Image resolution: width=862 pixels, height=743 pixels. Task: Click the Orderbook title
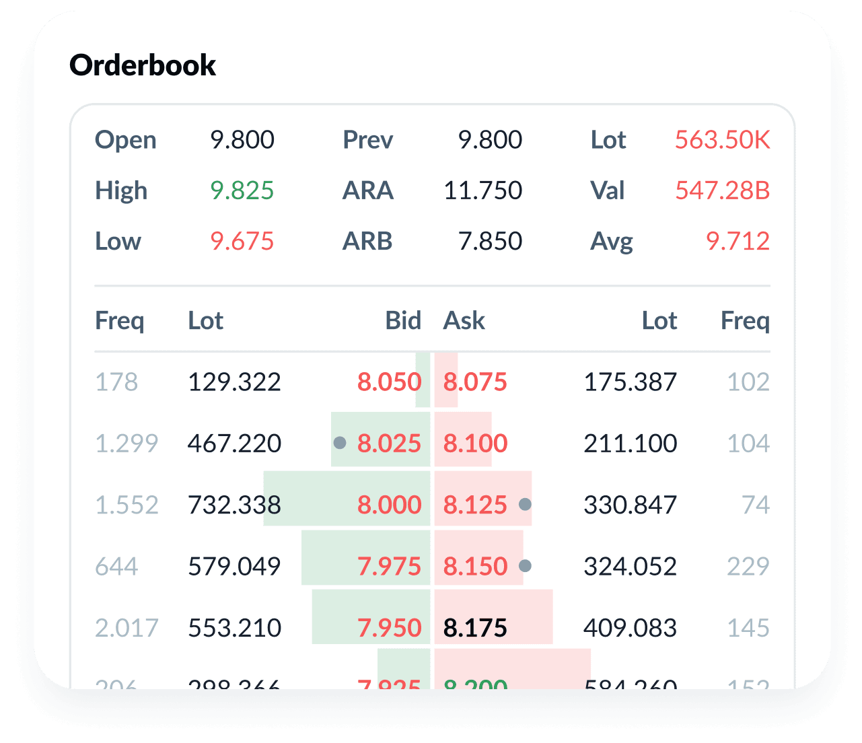[x=143, y=65]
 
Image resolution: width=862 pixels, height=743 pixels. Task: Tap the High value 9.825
[x=242, y=190]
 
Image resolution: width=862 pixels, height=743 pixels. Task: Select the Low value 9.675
[x=242, y=241]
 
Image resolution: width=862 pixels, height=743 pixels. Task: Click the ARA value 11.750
[x=482, y=190]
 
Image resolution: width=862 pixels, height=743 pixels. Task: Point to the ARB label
[x=367, y=241]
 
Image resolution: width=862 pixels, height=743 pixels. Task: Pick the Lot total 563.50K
[x=722, y=140]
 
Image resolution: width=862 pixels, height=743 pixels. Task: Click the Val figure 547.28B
[x=722, y=190]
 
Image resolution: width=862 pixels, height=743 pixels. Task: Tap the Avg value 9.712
[x=738, y=241]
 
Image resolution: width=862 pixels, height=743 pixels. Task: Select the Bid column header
[x=403, y=320]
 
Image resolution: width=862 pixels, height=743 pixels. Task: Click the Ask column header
[x=464, y=320]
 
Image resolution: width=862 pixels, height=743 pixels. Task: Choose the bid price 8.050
[x=389, y=382]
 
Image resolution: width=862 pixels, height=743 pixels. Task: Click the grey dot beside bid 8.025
[x=340, y=443]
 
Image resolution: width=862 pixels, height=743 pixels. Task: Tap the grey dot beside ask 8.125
[x=526, y=504]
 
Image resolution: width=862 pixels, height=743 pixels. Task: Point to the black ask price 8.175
[x=475, y=628]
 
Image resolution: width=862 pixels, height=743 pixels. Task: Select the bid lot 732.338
[x=234, y=505]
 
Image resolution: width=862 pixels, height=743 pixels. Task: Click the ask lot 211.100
[x=630, y=444]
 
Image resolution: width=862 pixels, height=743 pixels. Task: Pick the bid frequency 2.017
[x=127, y=628]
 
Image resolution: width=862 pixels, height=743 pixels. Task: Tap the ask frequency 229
[x=748, y=567]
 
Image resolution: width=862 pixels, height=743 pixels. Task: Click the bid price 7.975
[x=389, y=567]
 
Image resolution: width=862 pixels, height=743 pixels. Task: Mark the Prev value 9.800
[x=490, y=140]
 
